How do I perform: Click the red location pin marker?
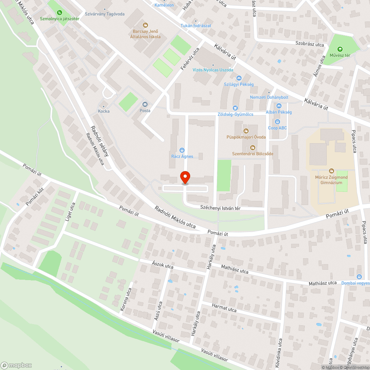(185, 178)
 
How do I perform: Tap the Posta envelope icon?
(145, 104)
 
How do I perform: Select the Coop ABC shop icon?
(277, 122)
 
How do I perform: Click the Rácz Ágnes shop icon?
(182, 150)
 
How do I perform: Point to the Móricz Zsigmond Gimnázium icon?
(332, 171)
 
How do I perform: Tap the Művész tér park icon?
(340, 49)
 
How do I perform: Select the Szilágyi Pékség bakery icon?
(239, 78)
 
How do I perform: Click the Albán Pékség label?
(279, 112)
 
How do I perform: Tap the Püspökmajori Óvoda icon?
(246, 131)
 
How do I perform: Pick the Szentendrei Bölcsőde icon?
(253, 147)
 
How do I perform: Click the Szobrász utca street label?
(309, 44)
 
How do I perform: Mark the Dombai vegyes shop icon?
(359, 277)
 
